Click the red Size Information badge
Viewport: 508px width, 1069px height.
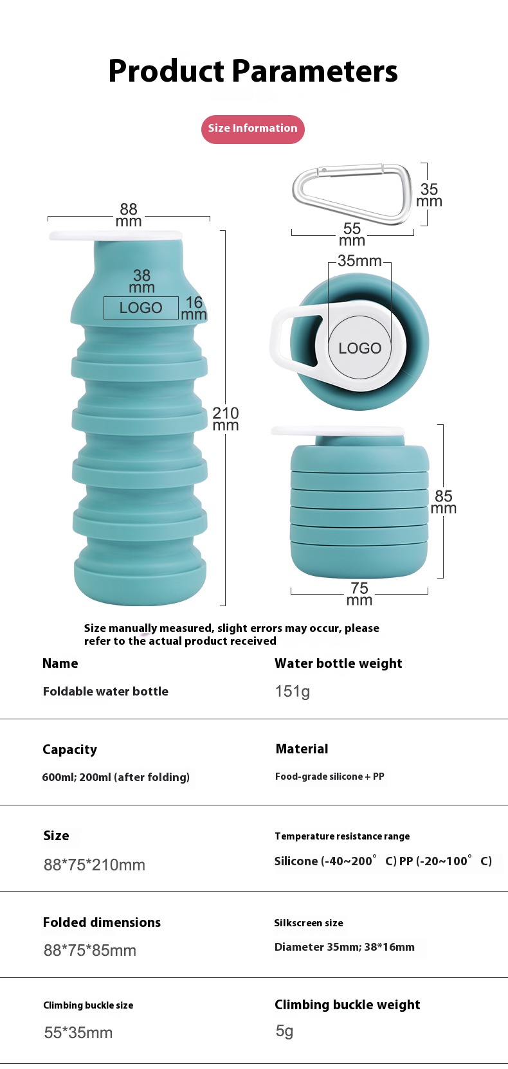click(253, 129)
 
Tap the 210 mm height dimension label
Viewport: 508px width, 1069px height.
click(225, 418)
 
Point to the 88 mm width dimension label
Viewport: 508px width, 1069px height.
click(129, 215)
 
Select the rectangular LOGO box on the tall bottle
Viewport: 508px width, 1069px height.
click(141, 308)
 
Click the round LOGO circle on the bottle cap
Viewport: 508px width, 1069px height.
click(360, 348)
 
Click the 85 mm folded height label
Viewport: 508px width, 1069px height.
click(443, 501)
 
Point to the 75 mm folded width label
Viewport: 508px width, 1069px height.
click(359, 593)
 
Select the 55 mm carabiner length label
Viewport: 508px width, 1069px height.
click(352, 234)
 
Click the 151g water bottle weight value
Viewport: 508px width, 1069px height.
click(293, 692)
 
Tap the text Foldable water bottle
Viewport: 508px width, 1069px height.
click(105, 692)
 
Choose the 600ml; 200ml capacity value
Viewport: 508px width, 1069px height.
click(116, 777)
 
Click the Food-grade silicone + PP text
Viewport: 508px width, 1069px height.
click(329, 777)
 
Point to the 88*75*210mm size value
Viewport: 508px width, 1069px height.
click(95, 865)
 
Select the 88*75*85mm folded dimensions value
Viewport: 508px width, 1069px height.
click(90, 950)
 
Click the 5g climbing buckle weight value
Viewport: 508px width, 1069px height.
click(284, 1031)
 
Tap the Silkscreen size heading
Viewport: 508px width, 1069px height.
click(309, 923)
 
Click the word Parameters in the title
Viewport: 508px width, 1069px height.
click(314, 71)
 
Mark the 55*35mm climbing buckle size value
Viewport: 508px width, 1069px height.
click(78, 1032)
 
